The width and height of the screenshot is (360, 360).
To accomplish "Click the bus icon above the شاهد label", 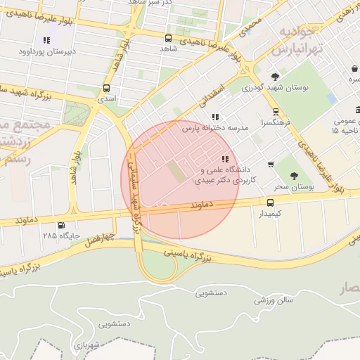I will tap(168, 38).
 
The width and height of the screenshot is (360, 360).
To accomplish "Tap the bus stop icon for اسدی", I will tap(106, 89).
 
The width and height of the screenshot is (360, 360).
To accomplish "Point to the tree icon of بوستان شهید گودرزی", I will tap(275, 77).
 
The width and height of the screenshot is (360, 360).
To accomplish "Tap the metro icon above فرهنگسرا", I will tap(276, 111).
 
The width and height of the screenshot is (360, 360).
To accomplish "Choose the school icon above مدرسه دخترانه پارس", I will tap(214, 117).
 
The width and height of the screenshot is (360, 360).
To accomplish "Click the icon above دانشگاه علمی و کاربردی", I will tap(225, 160).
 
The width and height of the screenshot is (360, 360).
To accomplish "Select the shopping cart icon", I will tap(271, 165).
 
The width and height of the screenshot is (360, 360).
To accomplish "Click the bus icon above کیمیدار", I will tap(271, 202).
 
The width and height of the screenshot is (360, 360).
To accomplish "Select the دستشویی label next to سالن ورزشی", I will tap(211, 292).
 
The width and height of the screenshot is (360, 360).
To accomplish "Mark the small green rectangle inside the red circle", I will tap(174, 170).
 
